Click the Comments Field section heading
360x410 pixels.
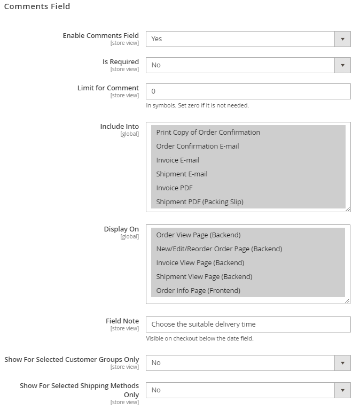37,7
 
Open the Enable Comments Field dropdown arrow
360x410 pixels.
342,39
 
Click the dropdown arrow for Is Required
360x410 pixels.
342,65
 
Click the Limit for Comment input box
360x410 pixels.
248,91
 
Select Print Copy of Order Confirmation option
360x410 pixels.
208,133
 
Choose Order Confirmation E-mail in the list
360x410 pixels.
197,146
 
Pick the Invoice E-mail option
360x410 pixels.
177,160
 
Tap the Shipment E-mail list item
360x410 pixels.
182,174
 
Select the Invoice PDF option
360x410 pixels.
174,188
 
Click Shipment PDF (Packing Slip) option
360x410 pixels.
199,202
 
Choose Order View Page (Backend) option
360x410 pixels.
198,235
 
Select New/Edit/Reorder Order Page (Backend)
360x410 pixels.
219,249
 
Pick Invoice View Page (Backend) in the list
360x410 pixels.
200,263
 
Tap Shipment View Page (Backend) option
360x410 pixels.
204,277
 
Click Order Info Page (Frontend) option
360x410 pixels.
198,291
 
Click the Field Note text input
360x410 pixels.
248,324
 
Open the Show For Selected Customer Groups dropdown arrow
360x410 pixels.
342,363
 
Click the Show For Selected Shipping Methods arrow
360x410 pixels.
342,390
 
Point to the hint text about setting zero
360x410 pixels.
197,105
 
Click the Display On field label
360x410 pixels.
121,229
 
